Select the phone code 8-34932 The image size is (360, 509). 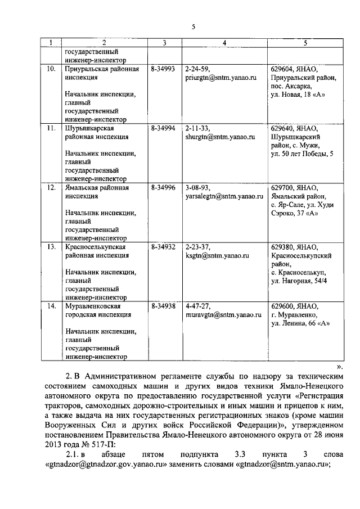[x=164, y=247]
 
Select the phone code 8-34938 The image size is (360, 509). [x=164, y=306]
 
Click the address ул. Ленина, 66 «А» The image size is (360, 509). [x=300, y=323]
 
